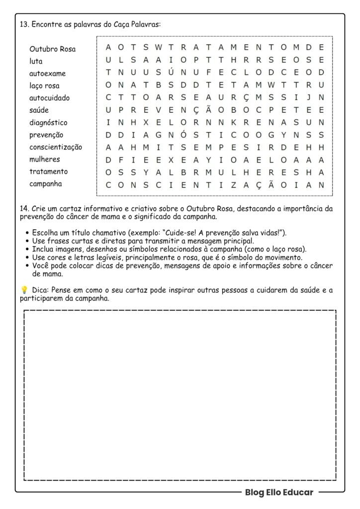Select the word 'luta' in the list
coord(36,61)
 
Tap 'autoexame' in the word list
coord(47,74)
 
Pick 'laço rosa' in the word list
coord(44,86)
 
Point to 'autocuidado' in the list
coord(49,98)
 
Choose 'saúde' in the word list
coord(39,110)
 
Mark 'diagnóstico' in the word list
coord(48,122)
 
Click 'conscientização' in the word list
coord(56,147)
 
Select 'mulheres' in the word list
coord(44,159)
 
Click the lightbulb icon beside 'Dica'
coord(23,290)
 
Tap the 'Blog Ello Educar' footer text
coord(279,493)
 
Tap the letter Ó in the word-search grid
coord(183,135)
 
